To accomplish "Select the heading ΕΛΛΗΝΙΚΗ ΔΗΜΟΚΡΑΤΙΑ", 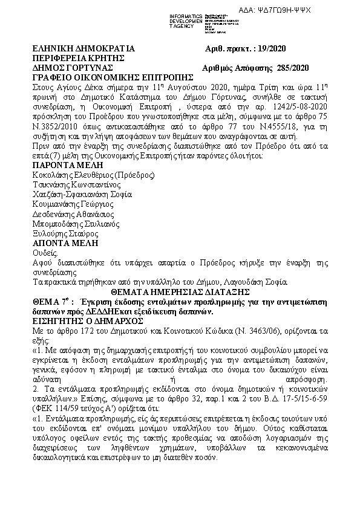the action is tap(83, 48).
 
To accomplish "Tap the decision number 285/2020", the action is tap(292, 68).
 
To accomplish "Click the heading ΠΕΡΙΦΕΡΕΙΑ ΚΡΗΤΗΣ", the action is tap(79, 58).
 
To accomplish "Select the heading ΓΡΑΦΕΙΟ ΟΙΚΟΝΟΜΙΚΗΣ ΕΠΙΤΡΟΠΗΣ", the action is tap(113, 77).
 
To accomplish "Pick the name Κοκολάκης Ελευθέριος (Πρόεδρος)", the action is tap(93, 175).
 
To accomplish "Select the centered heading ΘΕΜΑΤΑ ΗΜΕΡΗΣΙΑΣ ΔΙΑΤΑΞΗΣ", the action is tap(180, 291).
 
